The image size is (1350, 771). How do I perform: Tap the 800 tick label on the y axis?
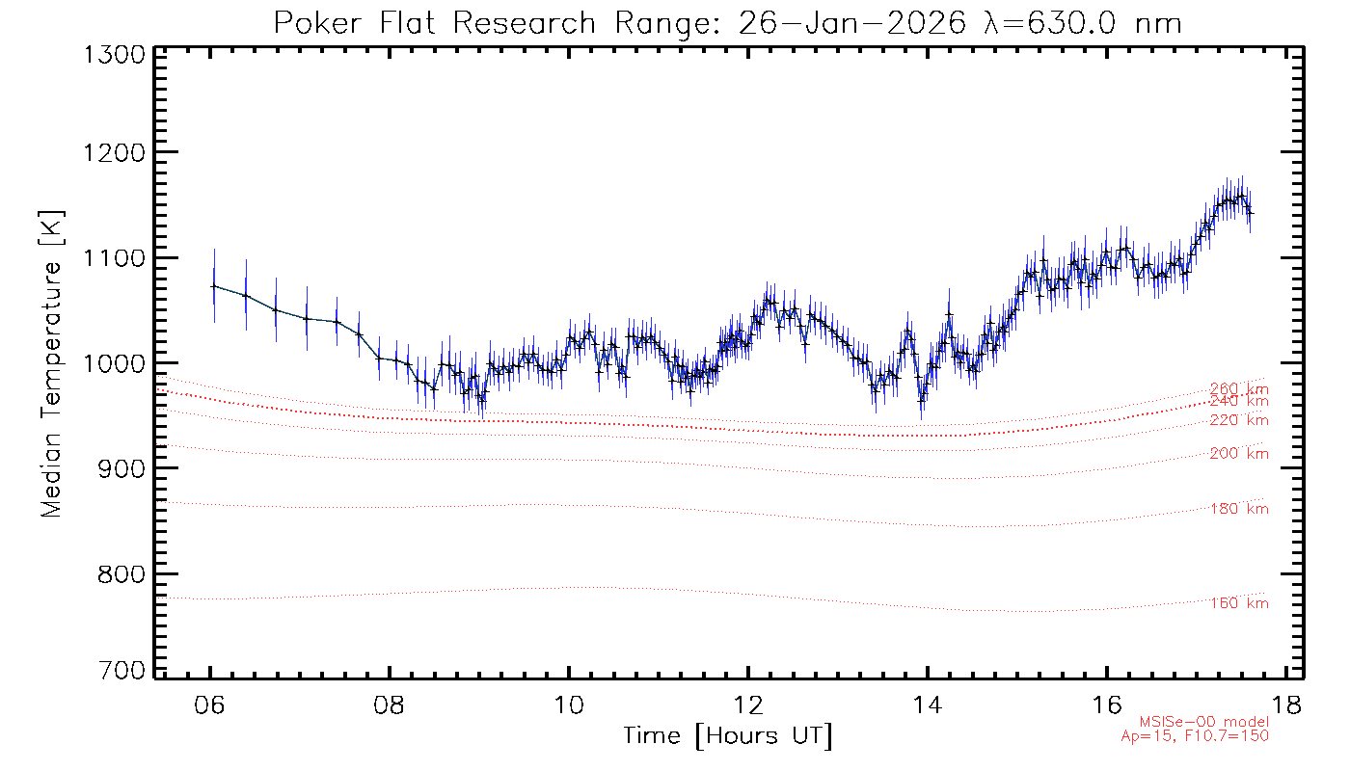(x=122, y=574)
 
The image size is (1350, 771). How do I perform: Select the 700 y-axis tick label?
(x=122, y=671)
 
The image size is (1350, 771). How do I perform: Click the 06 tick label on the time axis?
(x=210, y=704)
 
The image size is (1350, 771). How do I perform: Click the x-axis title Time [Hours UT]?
(x=727, y=736)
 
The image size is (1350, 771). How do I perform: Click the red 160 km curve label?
(x=1239, y=603)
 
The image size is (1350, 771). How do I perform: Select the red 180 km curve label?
(x=1239, y=509)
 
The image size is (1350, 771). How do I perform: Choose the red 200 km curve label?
(x=1239, y=454)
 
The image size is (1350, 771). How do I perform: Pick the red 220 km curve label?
(x=1239, y=420)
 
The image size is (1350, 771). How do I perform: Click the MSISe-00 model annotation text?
(x=1204, y=722)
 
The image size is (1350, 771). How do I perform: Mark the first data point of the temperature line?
(x=214, y=286)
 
